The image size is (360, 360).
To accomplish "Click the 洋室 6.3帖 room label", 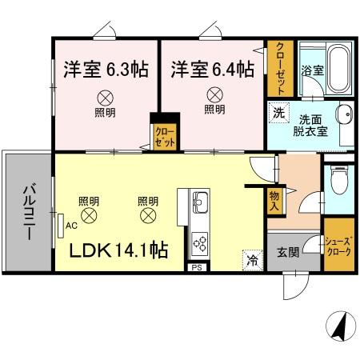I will click(x=105, y=70).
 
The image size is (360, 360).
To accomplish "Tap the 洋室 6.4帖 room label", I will click(x=212, y=70).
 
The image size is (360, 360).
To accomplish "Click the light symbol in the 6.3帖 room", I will click(x=105, y=94).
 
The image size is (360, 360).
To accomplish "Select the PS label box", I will click(x=195, y=267).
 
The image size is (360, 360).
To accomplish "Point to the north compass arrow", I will click(x=338, y=327).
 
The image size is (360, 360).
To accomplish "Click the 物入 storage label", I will click(x=274, y=200).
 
